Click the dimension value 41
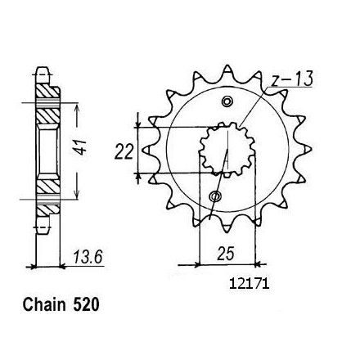82,148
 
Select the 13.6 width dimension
88,257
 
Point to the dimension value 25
226,254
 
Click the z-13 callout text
292,79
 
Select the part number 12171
250,284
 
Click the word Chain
44,304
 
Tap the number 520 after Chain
86,304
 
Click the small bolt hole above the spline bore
227,101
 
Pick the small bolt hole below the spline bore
215,196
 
